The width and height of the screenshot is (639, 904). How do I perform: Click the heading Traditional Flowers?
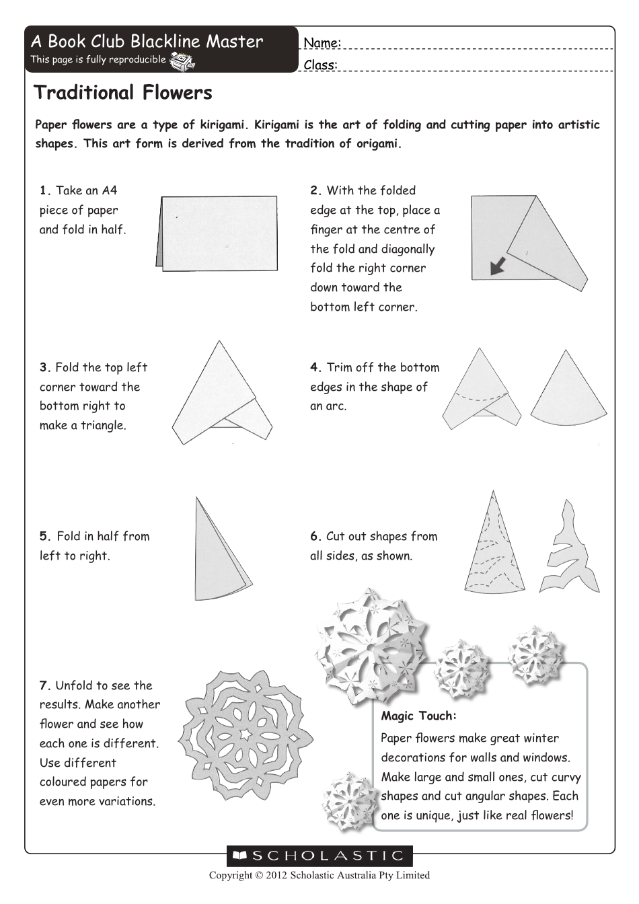tap(123, 93)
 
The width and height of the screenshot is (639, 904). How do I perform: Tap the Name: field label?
tap(322, 43)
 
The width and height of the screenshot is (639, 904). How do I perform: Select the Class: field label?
tap(320, 65)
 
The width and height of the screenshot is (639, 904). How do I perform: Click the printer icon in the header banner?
tap(182, 61)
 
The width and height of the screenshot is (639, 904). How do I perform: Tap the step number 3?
tap(44, 368)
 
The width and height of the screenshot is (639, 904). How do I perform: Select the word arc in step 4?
tap(336, 406)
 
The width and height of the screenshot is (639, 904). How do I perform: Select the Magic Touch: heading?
tap(418, 716)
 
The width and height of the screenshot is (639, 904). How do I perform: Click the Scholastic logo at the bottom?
tap(319, 856)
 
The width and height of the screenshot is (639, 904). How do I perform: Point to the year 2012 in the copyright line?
tap(277, 875)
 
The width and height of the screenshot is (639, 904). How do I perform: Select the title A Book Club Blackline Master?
tap(147, 42)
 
